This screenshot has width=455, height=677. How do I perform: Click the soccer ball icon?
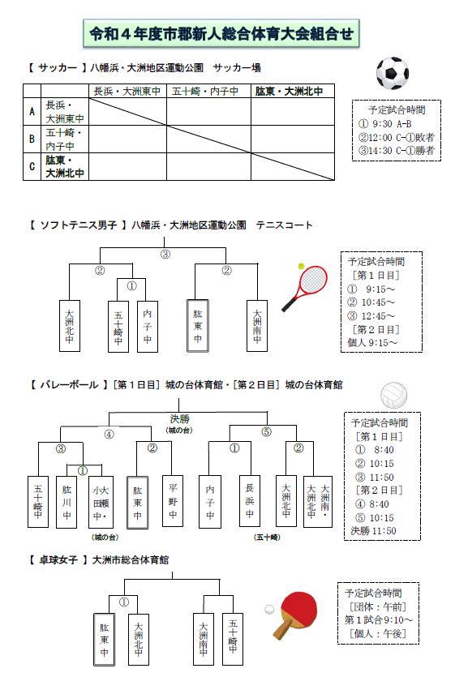(x=393, y=74)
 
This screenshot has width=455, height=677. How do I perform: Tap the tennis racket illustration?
(x=306, y=286)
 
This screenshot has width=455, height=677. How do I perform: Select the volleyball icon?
(x=393, y=395)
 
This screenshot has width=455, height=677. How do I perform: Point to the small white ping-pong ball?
(x=269, y=610)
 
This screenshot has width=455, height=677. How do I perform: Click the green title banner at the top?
(x=221, y=34)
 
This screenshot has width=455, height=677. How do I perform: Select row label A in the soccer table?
(x=32, y=111)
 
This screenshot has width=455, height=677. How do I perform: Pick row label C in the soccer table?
(x=32, y=166)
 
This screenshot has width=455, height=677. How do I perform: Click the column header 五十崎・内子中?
(x=205, y=91)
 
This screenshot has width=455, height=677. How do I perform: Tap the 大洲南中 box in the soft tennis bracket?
(x=257, y=326)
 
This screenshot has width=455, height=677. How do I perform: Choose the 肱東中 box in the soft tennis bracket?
(x=197, y=326)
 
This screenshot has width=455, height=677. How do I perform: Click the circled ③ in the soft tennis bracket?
(x=165, y=255)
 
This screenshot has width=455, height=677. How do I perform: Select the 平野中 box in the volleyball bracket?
(x=173, y=501)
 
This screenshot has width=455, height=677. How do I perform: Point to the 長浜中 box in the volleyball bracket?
(x=250, y=501)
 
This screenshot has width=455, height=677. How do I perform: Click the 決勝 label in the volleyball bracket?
(x=179, y=418)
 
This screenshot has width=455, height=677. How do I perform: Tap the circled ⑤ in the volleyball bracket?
(x=267, y=431)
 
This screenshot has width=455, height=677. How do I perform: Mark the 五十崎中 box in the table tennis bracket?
(x=233, y=639)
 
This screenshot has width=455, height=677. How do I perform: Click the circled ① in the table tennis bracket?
(x=123, y=602)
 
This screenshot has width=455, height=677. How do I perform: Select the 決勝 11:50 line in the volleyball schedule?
(x=373, y=530)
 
